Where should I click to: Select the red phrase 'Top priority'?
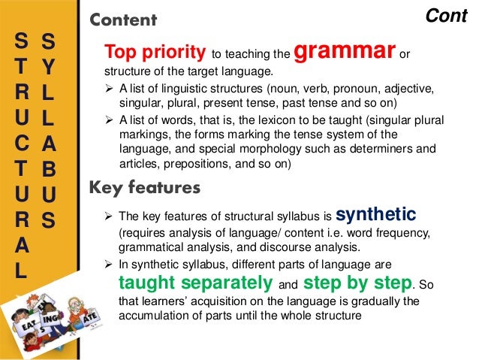(155, 53)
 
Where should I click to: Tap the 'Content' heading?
(123, 20)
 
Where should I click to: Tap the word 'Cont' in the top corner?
(447, 15)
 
